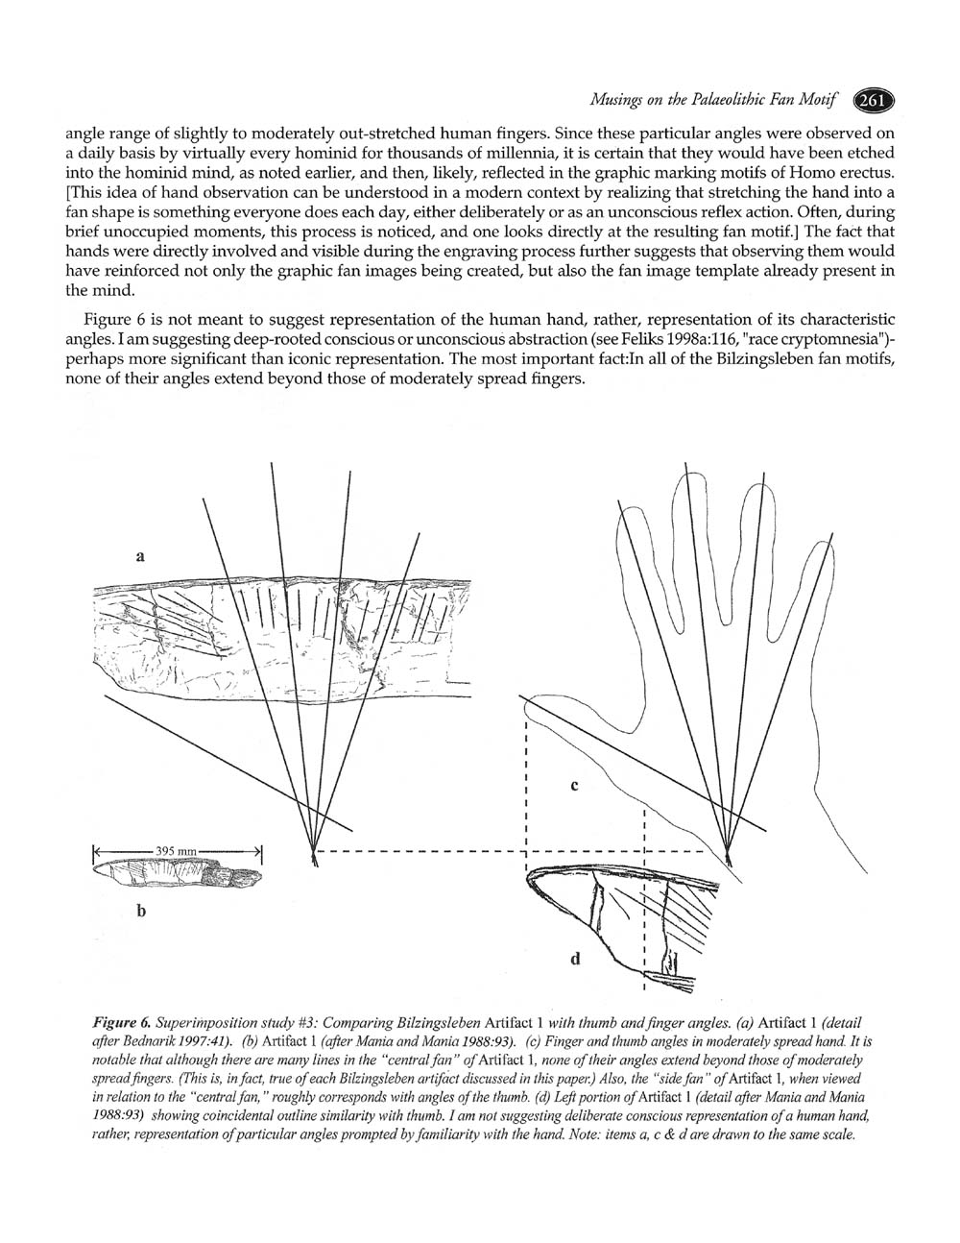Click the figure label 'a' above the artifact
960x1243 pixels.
(x=140, y=554)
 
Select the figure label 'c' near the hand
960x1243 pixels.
(x=574, y=786)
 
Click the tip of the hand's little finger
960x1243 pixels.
(x=821, y=548)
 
